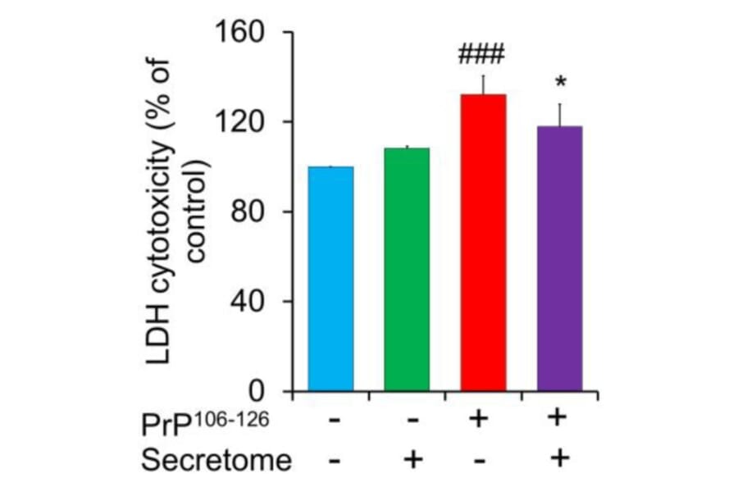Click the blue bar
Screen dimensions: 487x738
330,279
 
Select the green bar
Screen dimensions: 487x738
407,270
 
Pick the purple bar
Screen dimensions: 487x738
559,259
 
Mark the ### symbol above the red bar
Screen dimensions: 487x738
482,55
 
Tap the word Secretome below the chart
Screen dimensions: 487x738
216,460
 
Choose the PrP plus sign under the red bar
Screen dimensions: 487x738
479,420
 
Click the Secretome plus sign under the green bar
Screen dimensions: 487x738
412,458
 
